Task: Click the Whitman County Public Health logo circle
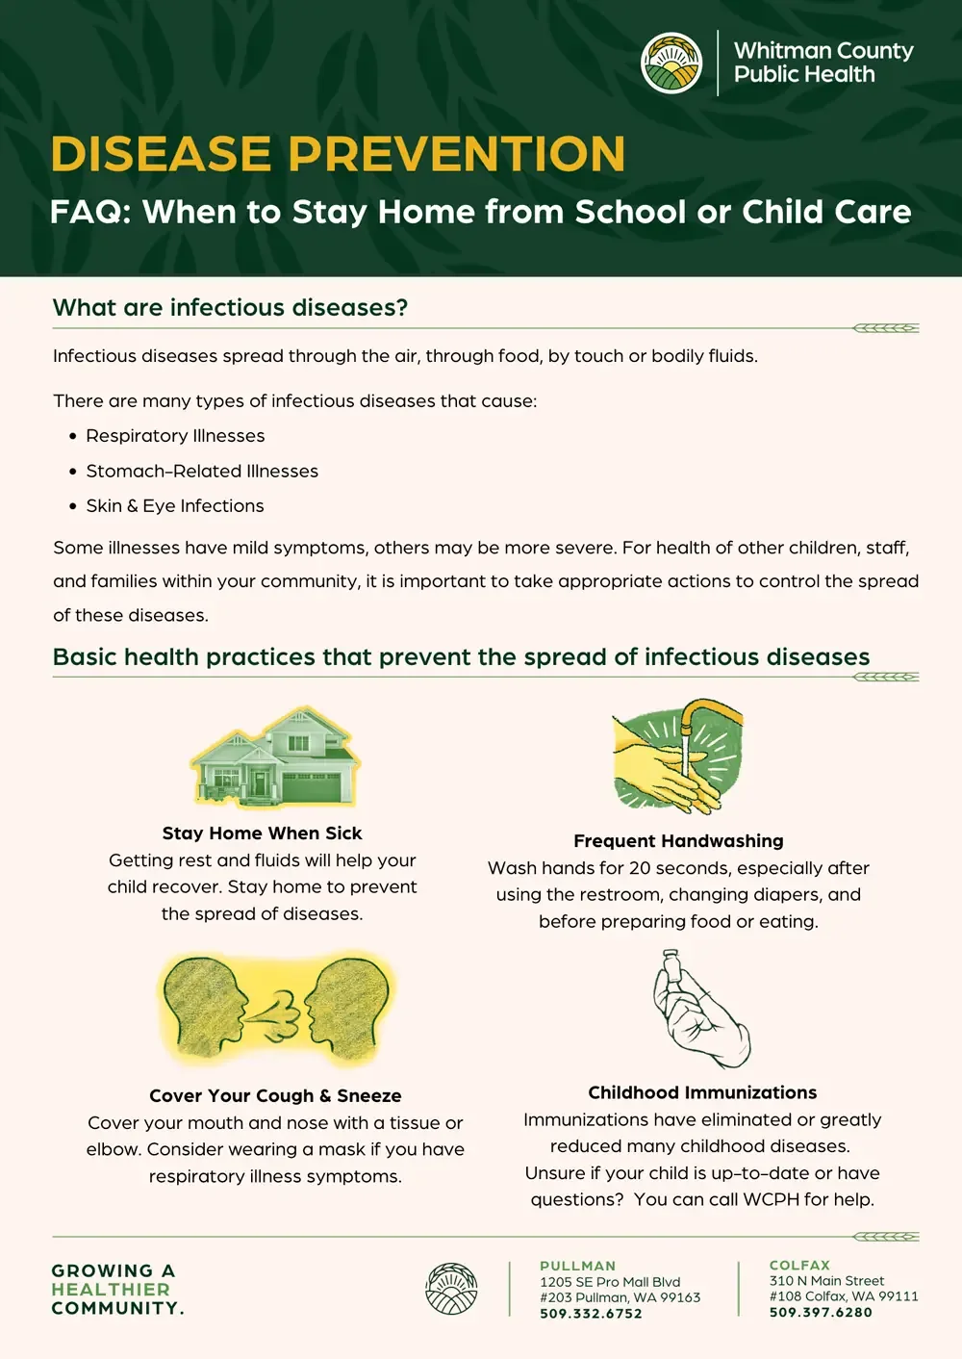671,64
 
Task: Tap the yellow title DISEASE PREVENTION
338,154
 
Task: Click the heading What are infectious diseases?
230,308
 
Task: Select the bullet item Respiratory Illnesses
175,436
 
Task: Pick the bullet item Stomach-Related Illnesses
202,472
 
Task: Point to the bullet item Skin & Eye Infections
174,506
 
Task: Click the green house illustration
275,759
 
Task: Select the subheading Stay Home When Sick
262,833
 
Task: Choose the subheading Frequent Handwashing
678,841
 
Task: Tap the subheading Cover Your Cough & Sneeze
275,1096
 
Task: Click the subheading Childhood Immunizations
702,1093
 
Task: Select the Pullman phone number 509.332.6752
591,1314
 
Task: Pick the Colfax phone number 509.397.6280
821,1313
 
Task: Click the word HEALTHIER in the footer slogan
111,1290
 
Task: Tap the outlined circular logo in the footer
451,1290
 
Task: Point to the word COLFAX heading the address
799,1266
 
